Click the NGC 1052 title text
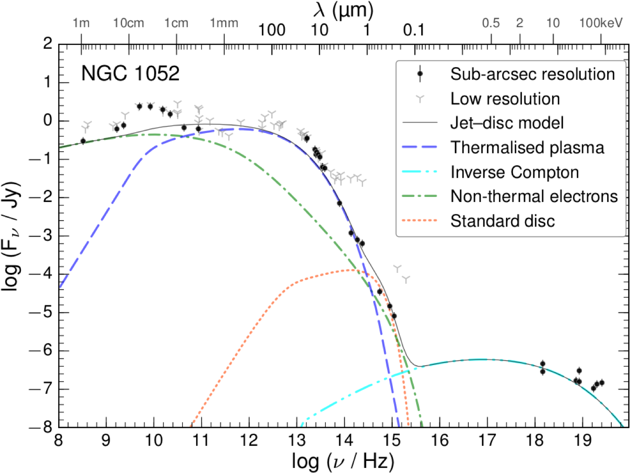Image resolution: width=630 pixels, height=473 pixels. coord(130,74)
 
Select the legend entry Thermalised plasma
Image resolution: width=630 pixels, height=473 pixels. coord(527,147)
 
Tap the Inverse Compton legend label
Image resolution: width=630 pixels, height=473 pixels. coord(514,172)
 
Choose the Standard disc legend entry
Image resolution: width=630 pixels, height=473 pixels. coord(502,221)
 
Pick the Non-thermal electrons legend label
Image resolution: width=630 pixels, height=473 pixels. coord(534,196)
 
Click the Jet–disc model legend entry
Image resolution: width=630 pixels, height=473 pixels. coord(507,123)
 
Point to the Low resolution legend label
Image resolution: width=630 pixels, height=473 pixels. coord(505,98)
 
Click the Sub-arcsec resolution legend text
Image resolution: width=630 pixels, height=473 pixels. coord(533,74)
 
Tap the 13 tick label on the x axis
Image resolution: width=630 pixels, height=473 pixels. coord(296,439)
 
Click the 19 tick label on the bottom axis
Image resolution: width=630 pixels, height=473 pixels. coord(582,439)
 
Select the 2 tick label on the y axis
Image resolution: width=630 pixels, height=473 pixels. coord(48,44)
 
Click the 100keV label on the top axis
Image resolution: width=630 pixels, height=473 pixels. coord(601,23)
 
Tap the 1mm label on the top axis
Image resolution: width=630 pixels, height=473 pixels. coord(224,23)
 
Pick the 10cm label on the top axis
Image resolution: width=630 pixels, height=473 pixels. coord(129,23)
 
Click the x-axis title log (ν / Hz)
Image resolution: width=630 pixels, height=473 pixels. coord(343,461)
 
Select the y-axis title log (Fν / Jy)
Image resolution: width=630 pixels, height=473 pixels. coord(11,236)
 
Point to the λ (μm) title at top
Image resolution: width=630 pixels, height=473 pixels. coord(343,10)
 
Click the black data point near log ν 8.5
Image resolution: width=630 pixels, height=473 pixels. coord(83,140)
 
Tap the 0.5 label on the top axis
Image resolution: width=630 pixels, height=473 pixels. coord(491,23)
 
